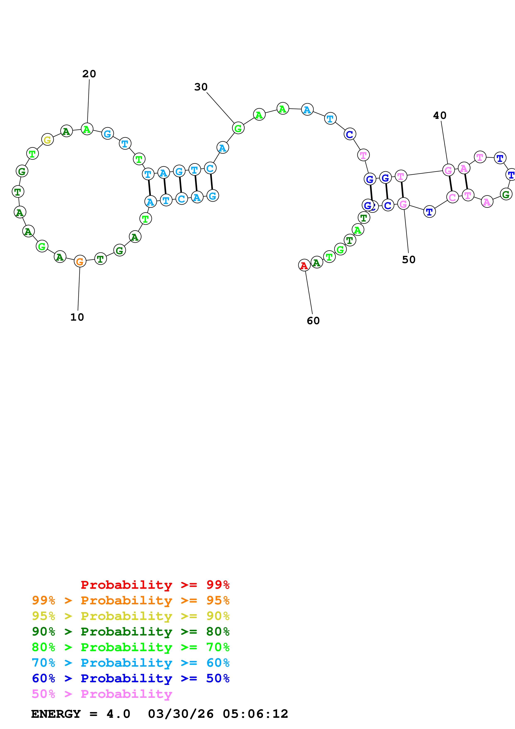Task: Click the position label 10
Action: tap(77, 317)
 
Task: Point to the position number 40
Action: tap(440, 116)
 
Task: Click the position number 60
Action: tap(313, 321)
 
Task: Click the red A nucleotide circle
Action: tap(304, 265)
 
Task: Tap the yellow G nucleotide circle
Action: tap(48, 139)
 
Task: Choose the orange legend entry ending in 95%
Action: tap(131, 600)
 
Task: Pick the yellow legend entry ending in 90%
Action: tap(131, 616)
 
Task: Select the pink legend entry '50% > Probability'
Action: tap(102, 694)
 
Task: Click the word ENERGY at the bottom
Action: tap(56, 714)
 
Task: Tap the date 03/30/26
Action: tap(181, 714)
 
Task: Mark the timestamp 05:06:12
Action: tap(256, 714)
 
